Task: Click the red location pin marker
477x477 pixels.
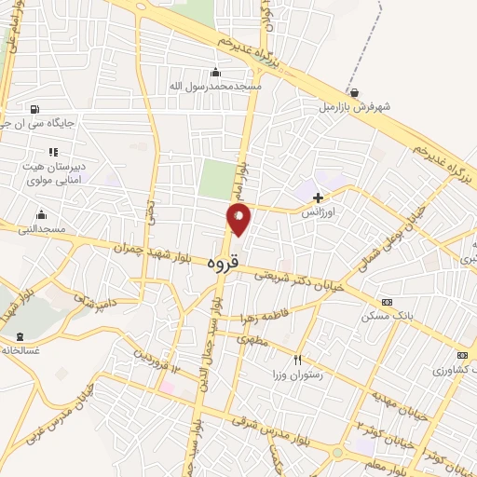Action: (239, 219)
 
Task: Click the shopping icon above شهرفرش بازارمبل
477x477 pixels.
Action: (354, 92)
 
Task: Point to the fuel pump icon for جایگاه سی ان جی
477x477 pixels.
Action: (34, 108)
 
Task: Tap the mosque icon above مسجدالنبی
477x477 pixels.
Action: (41, 215)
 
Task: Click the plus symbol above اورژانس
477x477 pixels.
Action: (319, 198)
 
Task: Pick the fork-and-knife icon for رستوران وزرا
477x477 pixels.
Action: (297, 360)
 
